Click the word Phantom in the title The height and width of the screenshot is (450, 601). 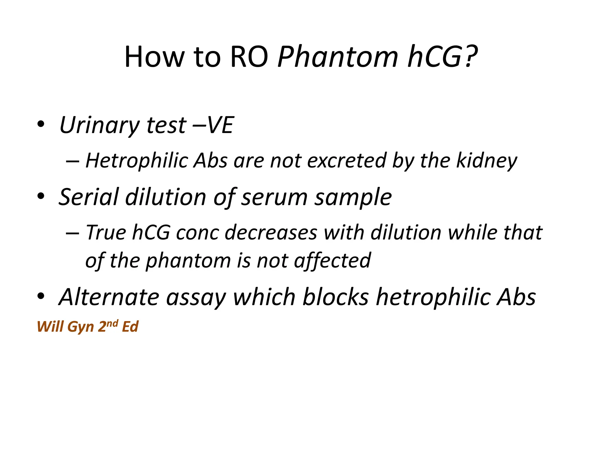tap(337, 57)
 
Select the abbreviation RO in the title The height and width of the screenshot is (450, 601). tap(249, 57)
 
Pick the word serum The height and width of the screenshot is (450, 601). tap(274, 197)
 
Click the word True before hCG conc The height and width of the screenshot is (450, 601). tap(106, 232)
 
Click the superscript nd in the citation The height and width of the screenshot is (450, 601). tap(112, 323)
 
